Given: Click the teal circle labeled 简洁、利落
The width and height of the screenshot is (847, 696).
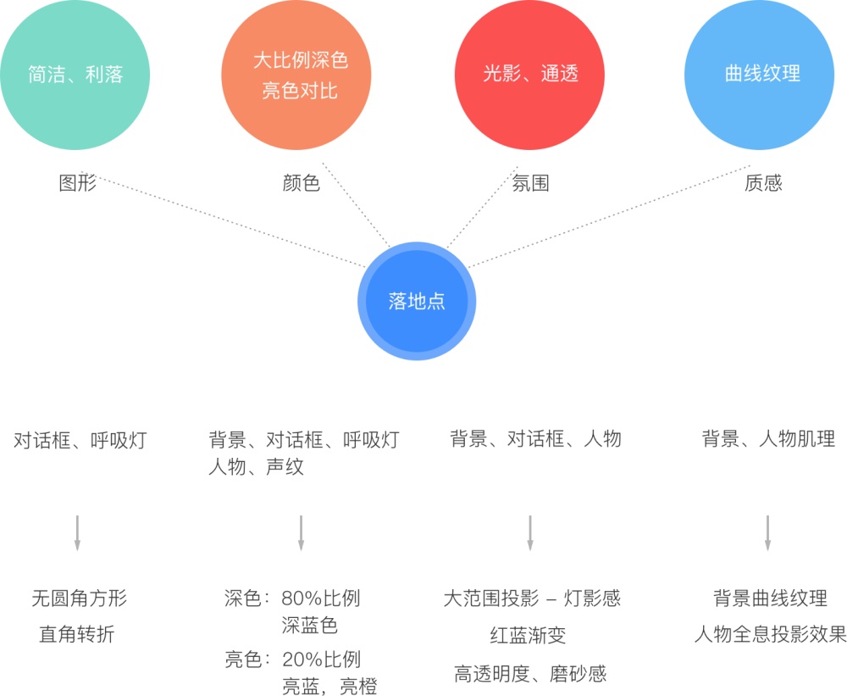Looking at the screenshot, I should (x=75, y=75).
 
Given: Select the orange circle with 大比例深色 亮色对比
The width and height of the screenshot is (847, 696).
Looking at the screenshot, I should (x=296, y=75).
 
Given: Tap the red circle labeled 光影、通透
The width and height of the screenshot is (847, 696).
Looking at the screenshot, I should (x=529, y=75).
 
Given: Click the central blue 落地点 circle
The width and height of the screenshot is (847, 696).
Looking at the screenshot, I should (x=417, y=301).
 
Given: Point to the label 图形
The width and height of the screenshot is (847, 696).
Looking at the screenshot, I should (x=78, y=183).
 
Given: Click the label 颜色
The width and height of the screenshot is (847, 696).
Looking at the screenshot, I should (x=301, y=183).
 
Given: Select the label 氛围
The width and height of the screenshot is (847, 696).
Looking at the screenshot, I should (x=531, y=183).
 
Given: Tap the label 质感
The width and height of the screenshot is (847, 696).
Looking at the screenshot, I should (x=763, y=183).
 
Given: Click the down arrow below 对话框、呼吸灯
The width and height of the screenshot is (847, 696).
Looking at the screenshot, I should (x=77, y=532).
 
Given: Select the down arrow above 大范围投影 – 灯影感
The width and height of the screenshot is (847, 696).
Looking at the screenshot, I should (x=530, y=532).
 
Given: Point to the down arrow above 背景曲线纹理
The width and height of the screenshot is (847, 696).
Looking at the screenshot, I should (x=767, y=532).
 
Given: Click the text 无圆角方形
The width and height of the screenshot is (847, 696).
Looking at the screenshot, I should (x=79, y=599).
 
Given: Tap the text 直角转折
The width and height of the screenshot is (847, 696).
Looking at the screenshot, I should (x=76, y=634).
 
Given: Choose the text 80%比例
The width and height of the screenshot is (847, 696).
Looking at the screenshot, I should (x=321, y=599).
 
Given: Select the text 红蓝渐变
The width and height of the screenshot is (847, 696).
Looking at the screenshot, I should (x=528, y=635).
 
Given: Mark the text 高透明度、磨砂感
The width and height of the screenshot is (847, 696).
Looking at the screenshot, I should (x=530, y=674).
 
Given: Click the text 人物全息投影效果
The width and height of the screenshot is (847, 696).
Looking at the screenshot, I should (x=770, y=634).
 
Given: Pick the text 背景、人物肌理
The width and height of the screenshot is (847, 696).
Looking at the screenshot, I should (x=768, y=439).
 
